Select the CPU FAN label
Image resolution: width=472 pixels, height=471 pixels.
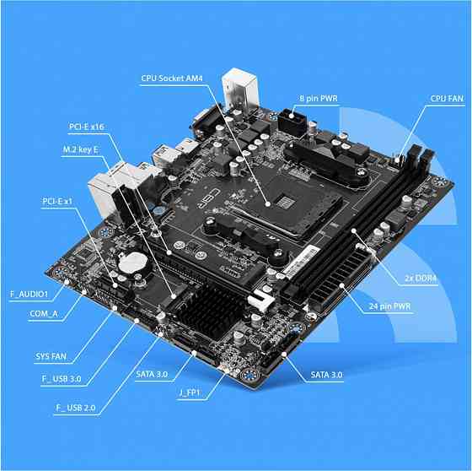coord(448,99)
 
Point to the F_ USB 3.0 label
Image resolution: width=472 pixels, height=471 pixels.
coord(62,378)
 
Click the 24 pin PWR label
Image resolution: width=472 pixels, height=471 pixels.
coord(390,306)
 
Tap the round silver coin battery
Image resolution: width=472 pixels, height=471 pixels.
coord(131,263)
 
